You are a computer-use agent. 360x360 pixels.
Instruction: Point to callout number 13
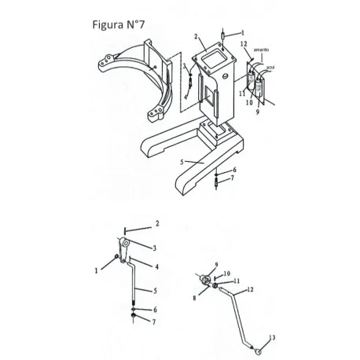pos(273,337)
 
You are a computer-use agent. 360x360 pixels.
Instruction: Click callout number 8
pos(194,298)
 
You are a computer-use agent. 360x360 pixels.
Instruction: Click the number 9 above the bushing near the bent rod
pos(215,265)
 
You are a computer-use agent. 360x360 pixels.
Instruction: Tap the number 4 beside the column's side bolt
pos(186,97)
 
